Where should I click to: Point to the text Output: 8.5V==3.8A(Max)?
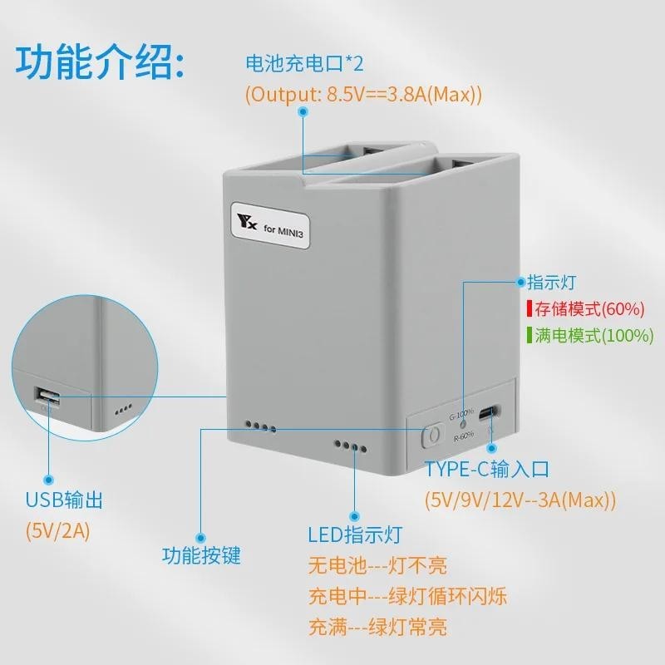tap(363, 94)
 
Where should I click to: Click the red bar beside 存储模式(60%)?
tap(530, 309)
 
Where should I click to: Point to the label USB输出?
tap(64, 500)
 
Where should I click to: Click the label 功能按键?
tap(201, 554)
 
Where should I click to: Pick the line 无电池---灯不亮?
tap(377, 567)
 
